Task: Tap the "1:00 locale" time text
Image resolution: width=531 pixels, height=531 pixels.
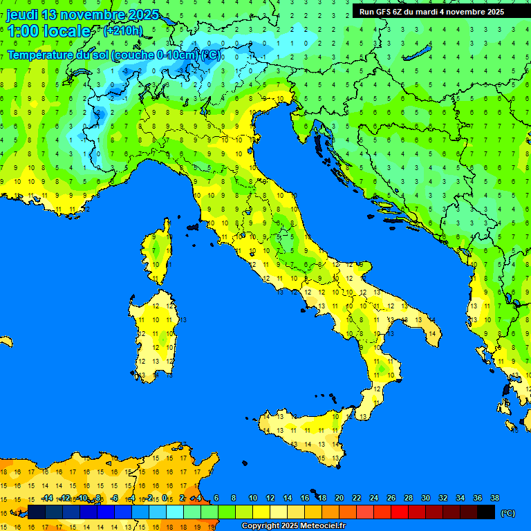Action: pos(48,31)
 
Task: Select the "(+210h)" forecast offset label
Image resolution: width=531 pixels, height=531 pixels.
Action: pos(122,30)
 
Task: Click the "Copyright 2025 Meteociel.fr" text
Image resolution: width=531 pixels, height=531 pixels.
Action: pos(293,526)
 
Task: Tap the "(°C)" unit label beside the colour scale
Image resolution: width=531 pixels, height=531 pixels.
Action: pos(507,512)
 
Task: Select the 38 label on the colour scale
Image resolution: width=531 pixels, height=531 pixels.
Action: pos(494,498)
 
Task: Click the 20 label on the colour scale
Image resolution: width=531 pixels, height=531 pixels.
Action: pos(339,498)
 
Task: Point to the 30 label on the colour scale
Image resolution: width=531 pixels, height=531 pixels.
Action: pos(425,498)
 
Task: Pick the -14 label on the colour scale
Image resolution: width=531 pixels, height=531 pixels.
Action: pos(47,498)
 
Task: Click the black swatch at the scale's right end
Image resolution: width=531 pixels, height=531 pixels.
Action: pos(486,512)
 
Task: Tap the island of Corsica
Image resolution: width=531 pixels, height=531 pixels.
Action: pos(158,253)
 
